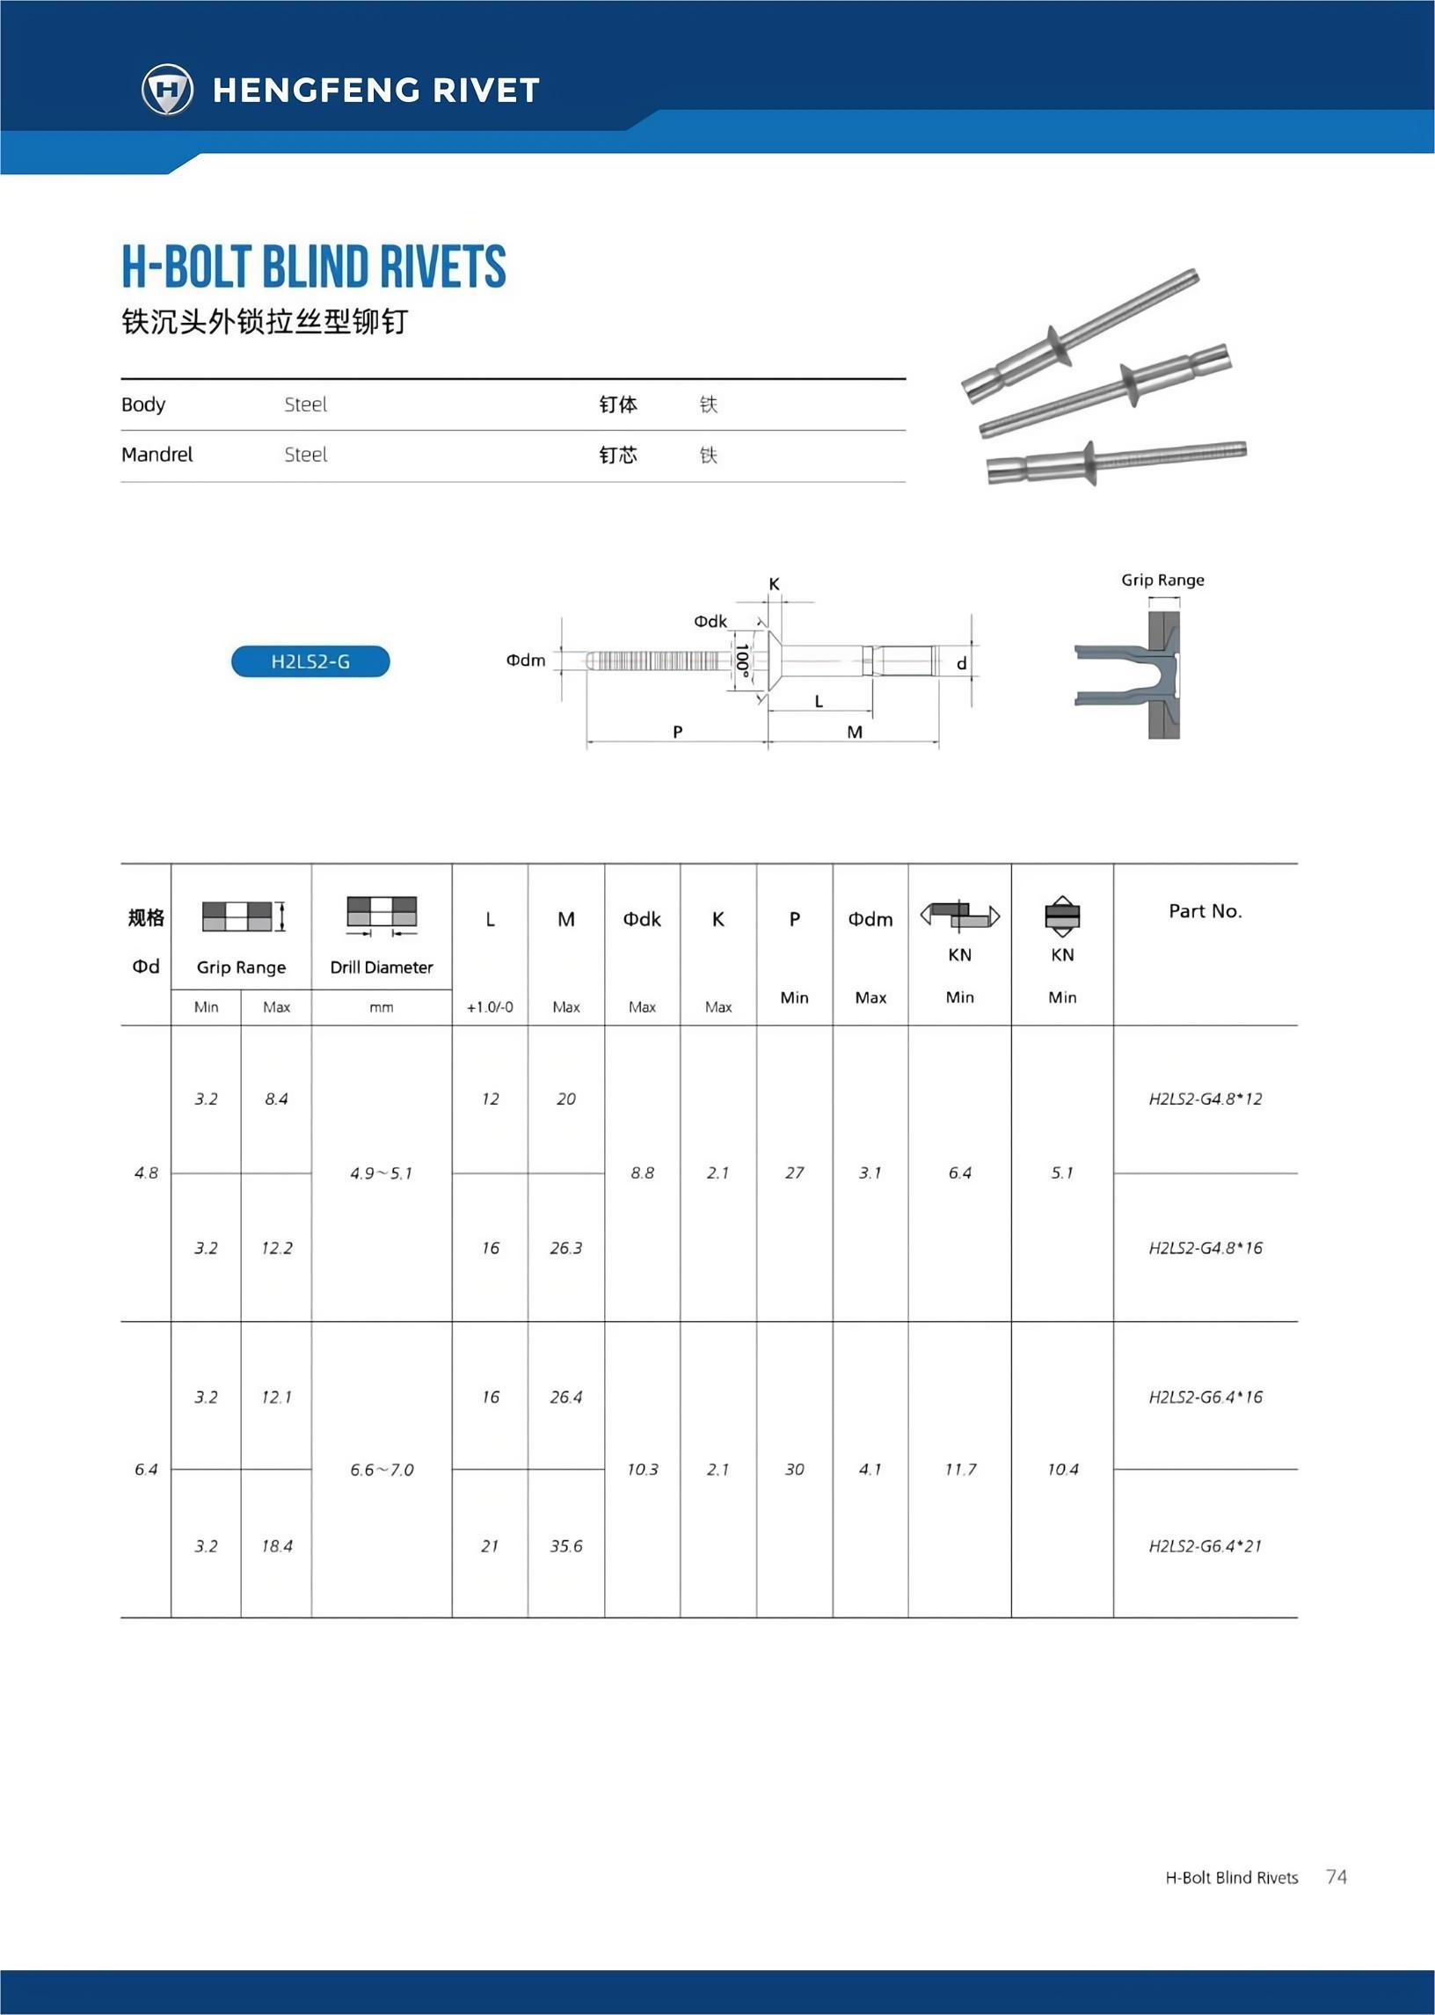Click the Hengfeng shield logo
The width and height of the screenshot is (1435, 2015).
click(x=167, y=89)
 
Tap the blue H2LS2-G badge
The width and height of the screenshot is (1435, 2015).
click(x=310, y=661)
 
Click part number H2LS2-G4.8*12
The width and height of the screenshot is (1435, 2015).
click(x=1205, y=1099)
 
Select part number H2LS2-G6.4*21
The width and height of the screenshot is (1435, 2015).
click(x=1205, y=1545)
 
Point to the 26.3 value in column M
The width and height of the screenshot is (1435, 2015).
click(x=565, y=1248)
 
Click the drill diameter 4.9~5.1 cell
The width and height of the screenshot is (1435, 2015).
click(x=381, y=1173)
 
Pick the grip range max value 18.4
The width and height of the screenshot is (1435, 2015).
click(x=277, y=1545)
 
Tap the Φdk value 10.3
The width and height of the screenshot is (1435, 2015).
click(x=643, y=1470)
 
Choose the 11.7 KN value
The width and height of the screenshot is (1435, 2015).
click(x=959, y=1470)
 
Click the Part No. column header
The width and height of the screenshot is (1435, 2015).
click(x=1205, y=911)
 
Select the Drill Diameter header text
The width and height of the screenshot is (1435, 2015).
click(x=381, y=967)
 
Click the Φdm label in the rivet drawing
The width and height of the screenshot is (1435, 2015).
click(x=525, y=661)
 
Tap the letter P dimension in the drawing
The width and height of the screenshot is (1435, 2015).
click(x=677, y=732)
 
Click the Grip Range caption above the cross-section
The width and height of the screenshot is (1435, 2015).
click(x=1162, y=580)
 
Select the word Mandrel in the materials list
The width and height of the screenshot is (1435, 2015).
click(x=157, y=454)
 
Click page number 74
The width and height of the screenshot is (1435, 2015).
click(x=1336, y=1876)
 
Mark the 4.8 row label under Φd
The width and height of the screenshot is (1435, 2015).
click(x=146, y=1173)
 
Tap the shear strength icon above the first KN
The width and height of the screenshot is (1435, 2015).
click(x=959, y=916)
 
